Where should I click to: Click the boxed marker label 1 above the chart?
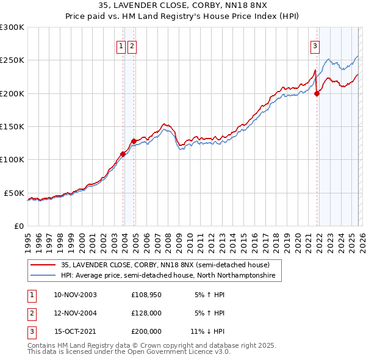121,45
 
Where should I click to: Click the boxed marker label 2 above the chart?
132,45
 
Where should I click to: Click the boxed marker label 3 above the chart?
315,45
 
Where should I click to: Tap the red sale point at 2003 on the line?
123,154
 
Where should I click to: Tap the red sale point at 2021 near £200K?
317,93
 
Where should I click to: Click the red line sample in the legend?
43,265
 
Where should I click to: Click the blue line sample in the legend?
43,276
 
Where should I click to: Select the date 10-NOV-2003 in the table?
75,295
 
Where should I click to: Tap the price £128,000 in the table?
146,313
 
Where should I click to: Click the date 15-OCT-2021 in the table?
75,331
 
